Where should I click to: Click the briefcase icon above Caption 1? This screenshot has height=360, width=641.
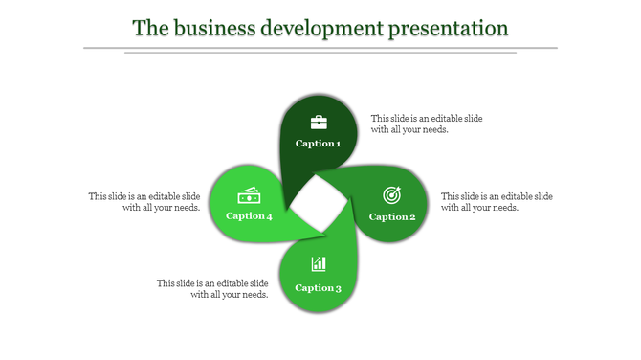coord(319,122)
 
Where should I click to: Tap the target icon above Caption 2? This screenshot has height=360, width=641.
coord(391,195)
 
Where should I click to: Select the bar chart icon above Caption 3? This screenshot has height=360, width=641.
coord(319,264)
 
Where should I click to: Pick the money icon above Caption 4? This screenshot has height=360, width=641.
coord(250,195)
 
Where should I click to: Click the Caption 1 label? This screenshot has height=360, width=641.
coord(318,144)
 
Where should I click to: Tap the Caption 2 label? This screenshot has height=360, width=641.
coord(392,216)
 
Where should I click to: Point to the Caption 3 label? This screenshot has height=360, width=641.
coord(318,287)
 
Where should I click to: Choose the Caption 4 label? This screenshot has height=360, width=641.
coord(249,215)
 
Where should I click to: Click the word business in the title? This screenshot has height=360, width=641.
coord(210,28)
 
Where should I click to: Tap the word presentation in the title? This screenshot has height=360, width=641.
coord(448,28)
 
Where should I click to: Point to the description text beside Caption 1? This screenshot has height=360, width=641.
coord(427,124)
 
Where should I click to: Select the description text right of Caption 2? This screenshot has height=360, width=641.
coord(497,202)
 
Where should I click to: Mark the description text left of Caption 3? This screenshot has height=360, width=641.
coord(212,288)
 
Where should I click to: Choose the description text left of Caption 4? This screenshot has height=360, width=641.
coord(144,202)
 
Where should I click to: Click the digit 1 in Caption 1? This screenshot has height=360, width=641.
coord(337,144)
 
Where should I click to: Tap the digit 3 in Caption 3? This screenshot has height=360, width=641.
coord(338,287)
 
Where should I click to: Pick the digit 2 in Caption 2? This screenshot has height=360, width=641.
coord(412,216)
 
